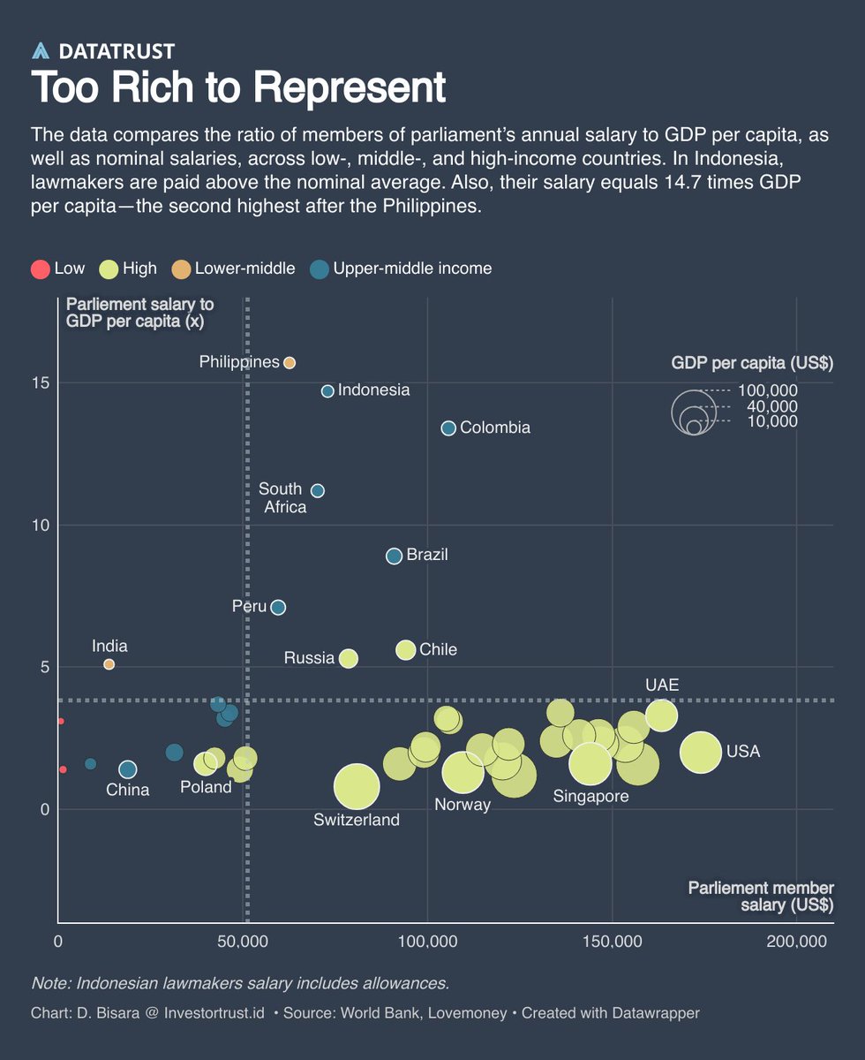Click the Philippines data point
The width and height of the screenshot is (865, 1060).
[x=289, y=363]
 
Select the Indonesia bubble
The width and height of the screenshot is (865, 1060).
[x=327, y=390]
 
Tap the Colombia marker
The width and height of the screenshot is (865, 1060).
[x=448, y=428]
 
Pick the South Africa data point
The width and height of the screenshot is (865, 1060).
[x=318, y=490]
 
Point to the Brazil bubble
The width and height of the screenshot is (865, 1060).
[x=395, y=556]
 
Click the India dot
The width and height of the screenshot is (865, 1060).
[x=109, y=664]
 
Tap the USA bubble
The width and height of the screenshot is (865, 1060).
[x=702, y=753]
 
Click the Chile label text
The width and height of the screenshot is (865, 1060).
[x=439, y=650]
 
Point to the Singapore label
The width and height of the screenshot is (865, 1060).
[x=590, y=797]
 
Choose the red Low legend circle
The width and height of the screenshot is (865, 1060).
[x=40, y=269]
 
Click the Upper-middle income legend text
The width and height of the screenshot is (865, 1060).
[x=412, y=269]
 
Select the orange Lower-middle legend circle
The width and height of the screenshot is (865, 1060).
[x=181, y=269]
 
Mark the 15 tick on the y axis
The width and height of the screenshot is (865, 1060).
[x=41, y=383]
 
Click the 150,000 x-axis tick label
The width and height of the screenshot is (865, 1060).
[x=612, y=942]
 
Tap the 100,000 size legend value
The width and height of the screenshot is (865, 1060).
[x=768, y=390]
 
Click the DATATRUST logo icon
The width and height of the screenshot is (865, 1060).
[x=41, y=51]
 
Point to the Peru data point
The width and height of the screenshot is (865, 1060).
[x=278, y=607]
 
